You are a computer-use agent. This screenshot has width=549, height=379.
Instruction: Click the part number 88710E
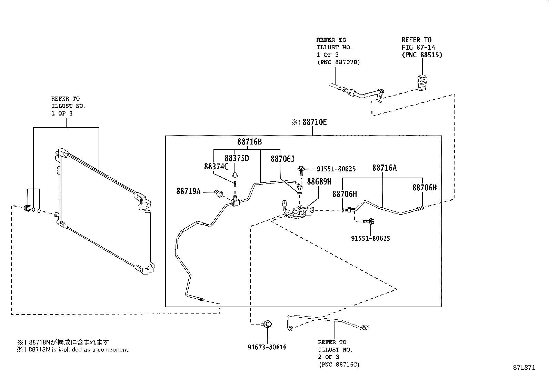pyautogui.click(x=315, y=122)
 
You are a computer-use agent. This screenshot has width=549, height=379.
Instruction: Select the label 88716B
pyautogui.click(x=250, y=142)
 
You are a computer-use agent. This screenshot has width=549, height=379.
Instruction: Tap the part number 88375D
pyautogui.click(x=237, y=158)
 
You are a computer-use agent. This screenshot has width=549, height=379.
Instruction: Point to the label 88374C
pyautogui.click(x=216, y=167)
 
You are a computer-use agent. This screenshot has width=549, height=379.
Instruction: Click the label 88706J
pyautogui.click(x=282, y=159)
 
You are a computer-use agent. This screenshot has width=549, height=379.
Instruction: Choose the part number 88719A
pyautogui.click(x=189, y=191)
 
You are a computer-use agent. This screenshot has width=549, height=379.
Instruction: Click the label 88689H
pyautogui.click(x=319, y=182)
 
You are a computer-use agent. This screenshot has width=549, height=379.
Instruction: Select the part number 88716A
pyautogui.click(x=384, y=168)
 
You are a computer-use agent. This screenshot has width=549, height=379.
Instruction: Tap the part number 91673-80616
pyautogui.click(x=267, y=347)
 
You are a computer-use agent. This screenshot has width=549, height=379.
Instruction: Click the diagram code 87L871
pyautogui.click(x=524, y=368)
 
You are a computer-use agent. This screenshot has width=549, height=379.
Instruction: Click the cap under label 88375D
pyautogui.click(x=235, y=175)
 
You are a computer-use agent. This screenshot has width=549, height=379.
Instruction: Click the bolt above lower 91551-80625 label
pyautogui.click(x=369, y=221)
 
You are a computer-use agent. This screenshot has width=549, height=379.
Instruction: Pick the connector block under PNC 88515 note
pyautogui.click(x=422, y=83)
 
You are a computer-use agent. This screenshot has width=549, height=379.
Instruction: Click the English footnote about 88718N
pyautogui.click(x=72, y=350)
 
